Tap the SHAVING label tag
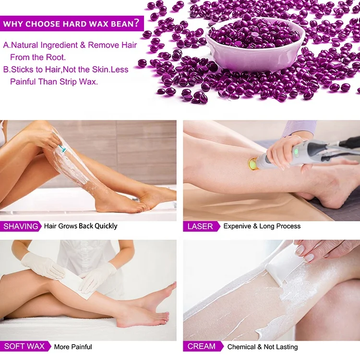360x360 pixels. pyautogui.click(x=21, y=226)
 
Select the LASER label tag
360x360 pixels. pyautogui.click(x=200, y=226)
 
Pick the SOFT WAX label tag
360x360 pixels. pyautogui.click(x=24, y=346)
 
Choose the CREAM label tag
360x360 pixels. pyautogui.click(x=202, y=346)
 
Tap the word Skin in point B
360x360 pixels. pyautogui.click(x=99, y=69)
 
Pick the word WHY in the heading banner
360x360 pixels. pyautogui.click(x=13, y=24)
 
